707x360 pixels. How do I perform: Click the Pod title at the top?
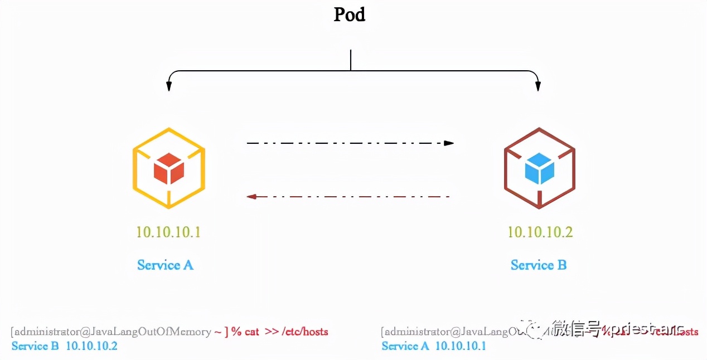click(350, 14)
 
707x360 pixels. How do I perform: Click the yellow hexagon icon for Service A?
click(169, 167)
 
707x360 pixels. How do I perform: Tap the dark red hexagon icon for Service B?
click(539, 168)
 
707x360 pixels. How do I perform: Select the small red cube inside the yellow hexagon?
click(169, 168)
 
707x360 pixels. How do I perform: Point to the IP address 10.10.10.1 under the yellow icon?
click(168, 232)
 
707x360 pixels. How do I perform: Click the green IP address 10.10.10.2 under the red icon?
click(540, 232)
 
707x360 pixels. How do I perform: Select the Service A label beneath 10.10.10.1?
click(165, 265)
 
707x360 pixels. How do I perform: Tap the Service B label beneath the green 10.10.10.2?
click(539, 265)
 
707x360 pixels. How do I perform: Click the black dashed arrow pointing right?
click(350, 143)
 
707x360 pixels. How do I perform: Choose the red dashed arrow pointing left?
click(348, 196)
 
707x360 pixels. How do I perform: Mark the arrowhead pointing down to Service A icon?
click(168, 86)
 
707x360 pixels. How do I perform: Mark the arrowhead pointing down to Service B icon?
click(538, 86)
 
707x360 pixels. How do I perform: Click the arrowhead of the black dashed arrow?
click(449, 143)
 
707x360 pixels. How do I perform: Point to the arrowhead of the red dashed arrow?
click(251, 196)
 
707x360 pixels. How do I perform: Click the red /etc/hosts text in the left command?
click(305, 332)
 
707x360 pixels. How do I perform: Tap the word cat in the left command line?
click(251, 332)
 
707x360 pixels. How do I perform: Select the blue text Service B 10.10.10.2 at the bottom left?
click(65, 346)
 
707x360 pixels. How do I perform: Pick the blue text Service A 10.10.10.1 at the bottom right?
click(433, 346)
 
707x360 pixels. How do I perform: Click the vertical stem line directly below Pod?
click(350, 60)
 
